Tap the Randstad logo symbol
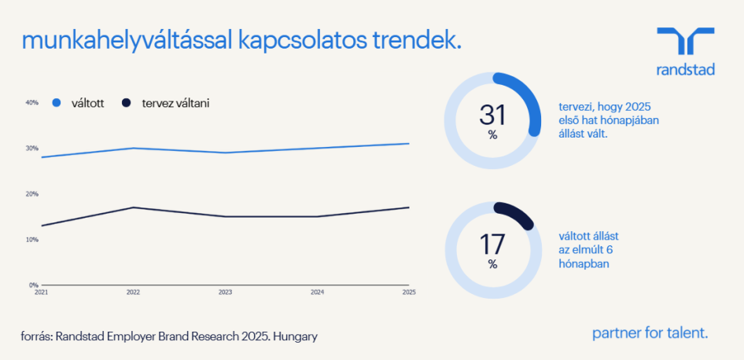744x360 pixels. (685, 41)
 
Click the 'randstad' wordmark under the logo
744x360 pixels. (686, 69)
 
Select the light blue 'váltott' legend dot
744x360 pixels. (57, 103)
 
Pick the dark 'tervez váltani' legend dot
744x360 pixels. (126, 103)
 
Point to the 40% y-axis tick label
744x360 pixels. (31, 102)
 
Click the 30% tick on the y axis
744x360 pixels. (31, 148)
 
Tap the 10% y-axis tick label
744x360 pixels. (31, 240)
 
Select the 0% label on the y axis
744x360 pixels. (34, 285)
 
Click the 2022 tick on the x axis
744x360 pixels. (134, 292)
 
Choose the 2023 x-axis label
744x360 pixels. (225, 292)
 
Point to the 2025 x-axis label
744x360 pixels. (409, 292)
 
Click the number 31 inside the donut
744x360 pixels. (492, 116)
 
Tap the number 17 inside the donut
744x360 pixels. (492, 244)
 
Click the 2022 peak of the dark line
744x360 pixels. (134, 208)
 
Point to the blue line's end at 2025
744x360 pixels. (409, 143)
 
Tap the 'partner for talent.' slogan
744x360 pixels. (650, 333)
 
